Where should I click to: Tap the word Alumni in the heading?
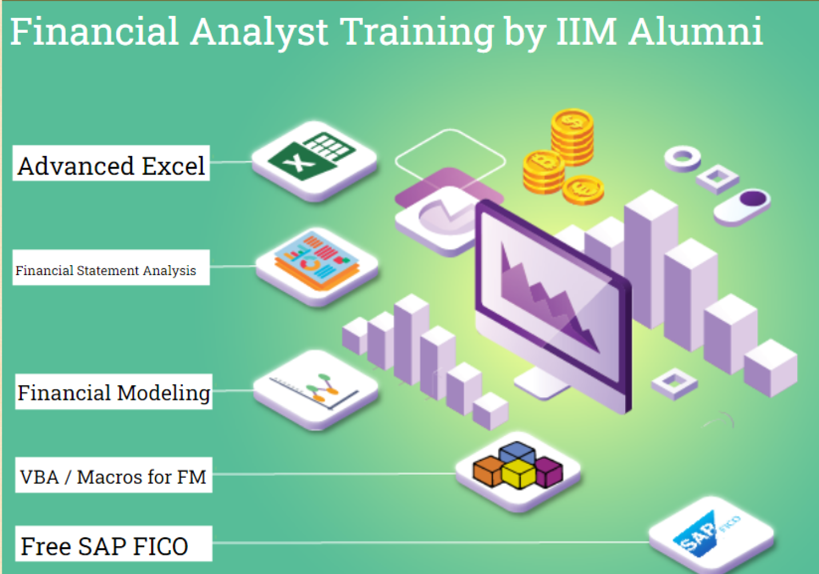coord(696,32)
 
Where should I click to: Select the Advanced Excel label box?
coord(111,164)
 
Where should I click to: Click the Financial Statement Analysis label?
coord(111,268)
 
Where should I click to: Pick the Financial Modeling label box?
coord(114,392)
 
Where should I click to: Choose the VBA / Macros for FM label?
coord(114,475)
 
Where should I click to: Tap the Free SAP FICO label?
coord(114,544)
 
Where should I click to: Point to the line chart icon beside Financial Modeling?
coord(316,389)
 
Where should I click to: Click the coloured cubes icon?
coord(518,470)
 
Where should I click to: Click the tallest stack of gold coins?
coord(572,136)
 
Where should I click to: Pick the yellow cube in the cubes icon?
coord(518,474)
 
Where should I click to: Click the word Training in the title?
coord(418,32)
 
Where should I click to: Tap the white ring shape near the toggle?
coord(682,158)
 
